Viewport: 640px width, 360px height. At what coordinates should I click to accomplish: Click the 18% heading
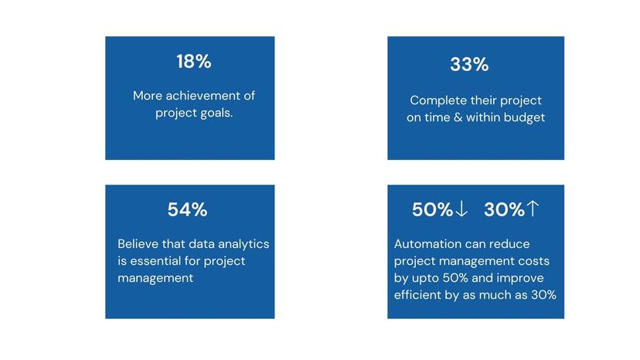tap(193, 62)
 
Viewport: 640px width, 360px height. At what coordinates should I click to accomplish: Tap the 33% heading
tap(469, 65)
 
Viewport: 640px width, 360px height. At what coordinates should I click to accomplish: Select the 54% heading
tap(187, 209)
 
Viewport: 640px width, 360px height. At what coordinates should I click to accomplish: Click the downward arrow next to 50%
tap(462, 209)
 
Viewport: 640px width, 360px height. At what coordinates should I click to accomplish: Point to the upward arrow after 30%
tap(533, 209)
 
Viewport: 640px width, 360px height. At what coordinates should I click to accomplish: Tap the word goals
tap(216, 113)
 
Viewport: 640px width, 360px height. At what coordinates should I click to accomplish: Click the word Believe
tap(139, 243)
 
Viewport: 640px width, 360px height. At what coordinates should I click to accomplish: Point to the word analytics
tap(242, 243)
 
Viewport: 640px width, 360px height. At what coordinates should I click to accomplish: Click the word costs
tap(532, 261)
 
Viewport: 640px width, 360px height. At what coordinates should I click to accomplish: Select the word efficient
tap(420, 294)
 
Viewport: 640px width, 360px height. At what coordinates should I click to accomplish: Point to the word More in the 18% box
tap(147, 96)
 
